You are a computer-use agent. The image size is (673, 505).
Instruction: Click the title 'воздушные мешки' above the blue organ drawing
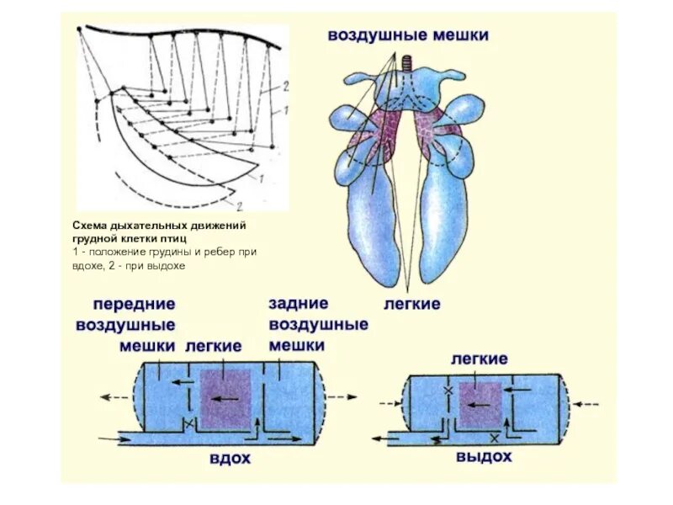408,35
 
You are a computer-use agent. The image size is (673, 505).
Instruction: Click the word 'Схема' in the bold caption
87,226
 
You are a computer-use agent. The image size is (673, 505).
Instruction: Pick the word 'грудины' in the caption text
167,252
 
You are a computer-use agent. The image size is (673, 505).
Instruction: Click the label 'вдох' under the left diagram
231,459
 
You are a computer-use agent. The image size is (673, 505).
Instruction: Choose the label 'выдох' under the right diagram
484,457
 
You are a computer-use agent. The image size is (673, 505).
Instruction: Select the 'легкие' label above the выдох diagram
479,359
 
